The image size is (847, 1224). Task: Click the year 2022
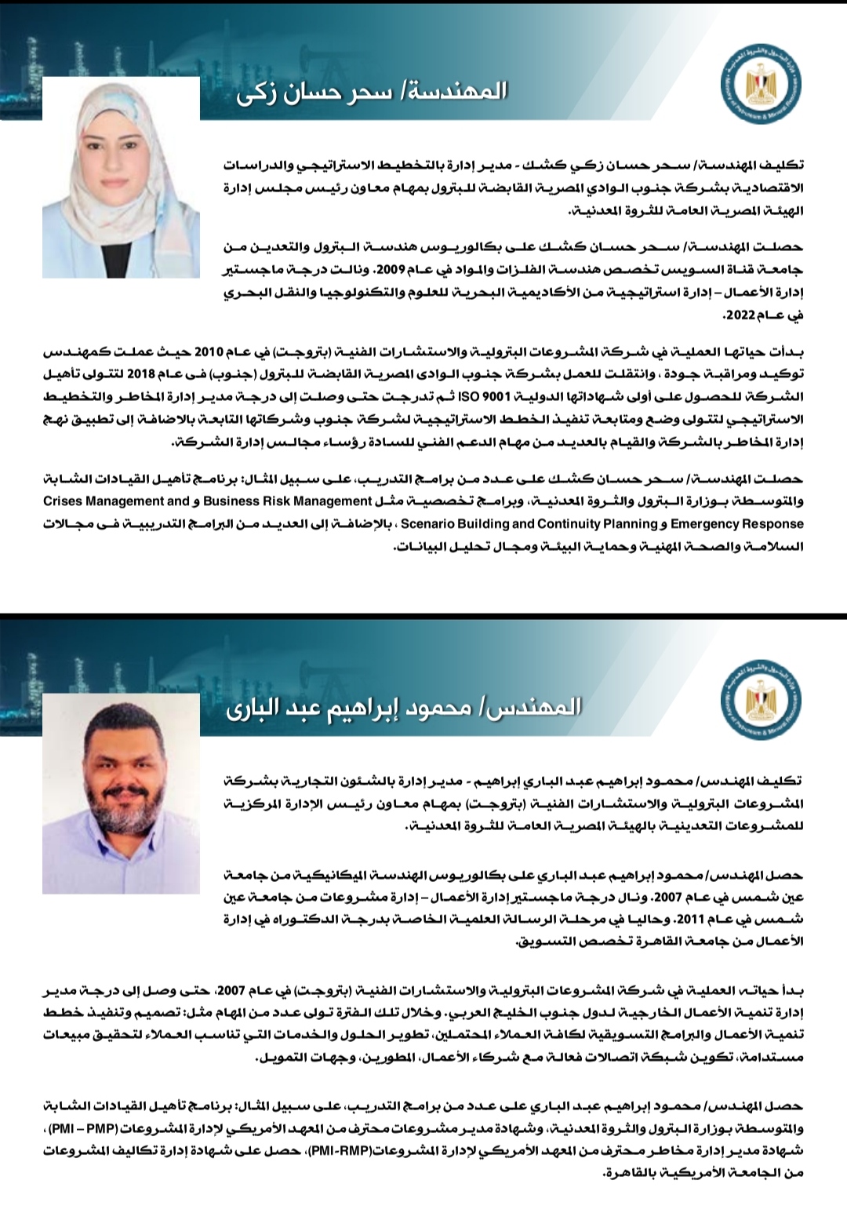pyautogui.click(x=738, y=315)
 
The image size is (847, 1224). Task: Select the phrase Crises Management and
pyautogui.click(x=116, y=501)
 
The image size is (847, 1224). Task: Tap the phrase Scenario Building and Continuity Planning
pyautogui.click(x=529, y=523)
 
